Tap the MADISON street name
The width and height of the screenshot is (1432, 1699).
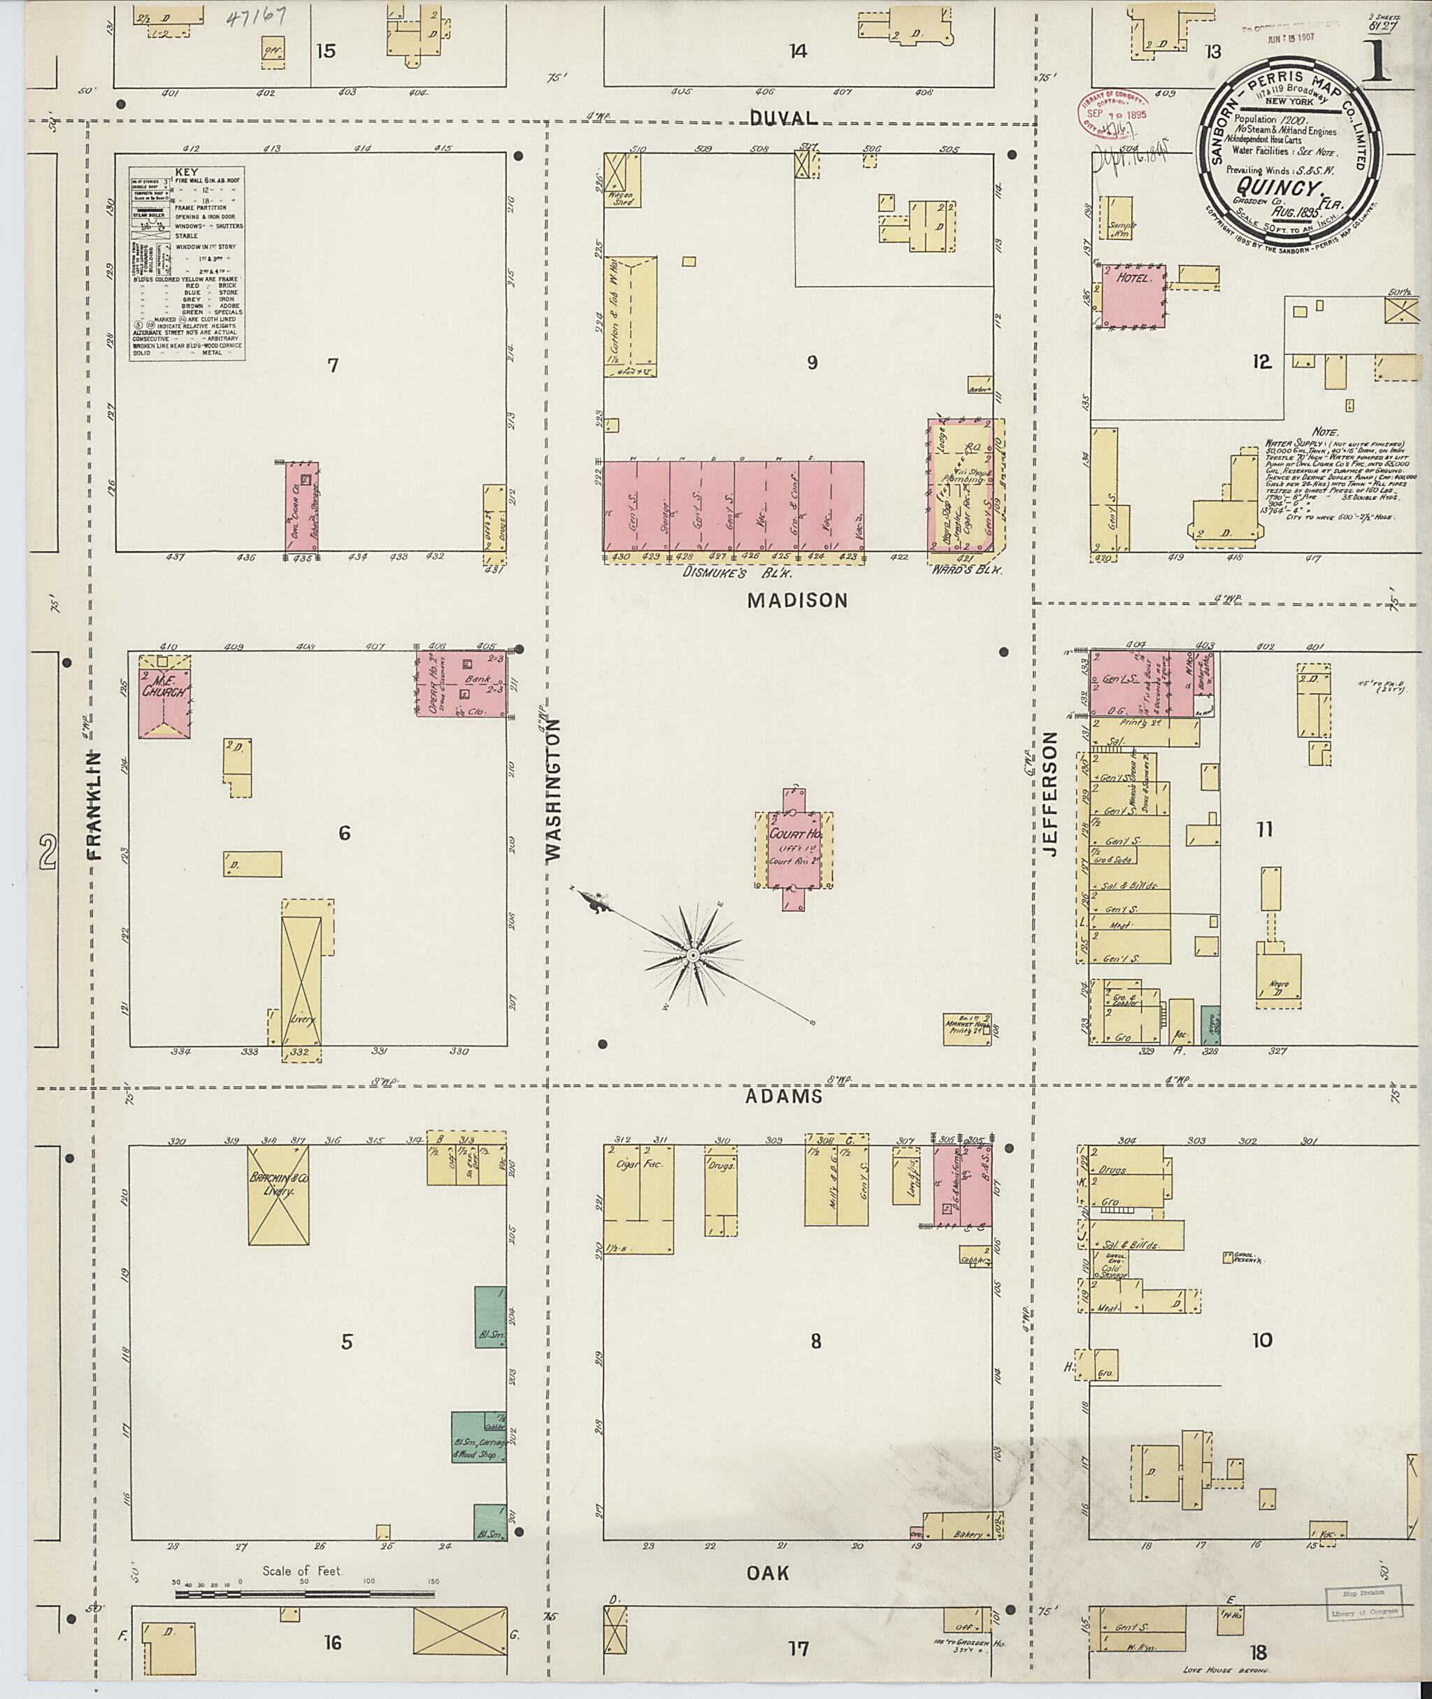(x=796, y=601)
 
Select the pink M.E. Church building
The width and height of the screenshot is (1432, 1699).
(x=165, y=695)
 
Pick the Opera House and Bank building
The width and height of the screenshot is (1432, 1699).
(x=461, y=683)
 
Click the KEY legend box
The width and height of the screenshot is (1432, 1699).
(x=187, y=264)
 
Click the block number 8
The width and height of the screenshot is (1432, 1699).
(x=815, y=1342)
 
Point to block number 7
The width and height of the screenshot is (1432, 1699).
(x=332, y=365)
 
